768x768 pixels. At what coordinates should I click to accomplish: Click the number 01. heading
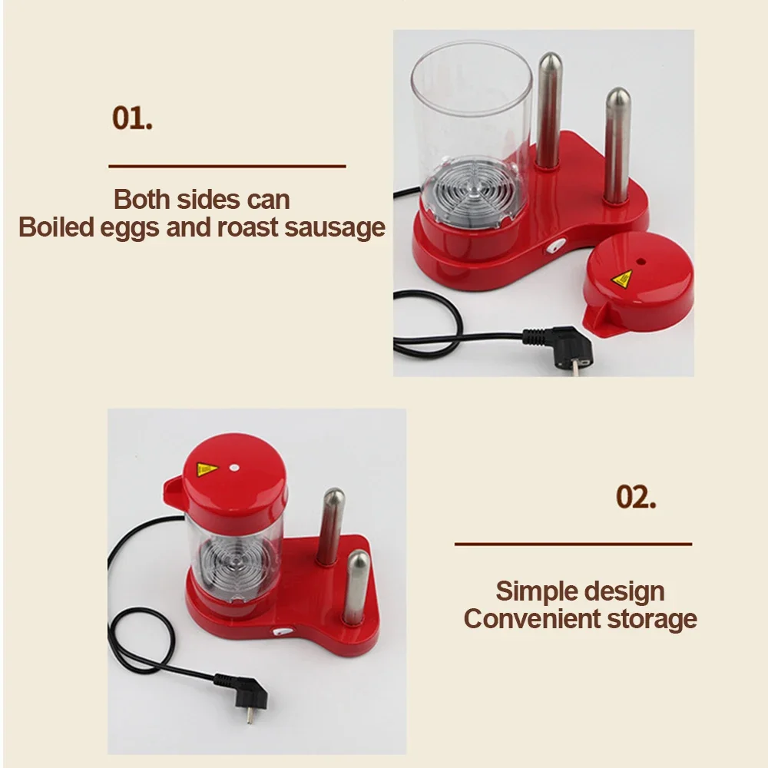tap(132, 118)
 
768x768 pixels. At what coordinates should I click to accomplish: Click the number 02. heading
tap(636, 496)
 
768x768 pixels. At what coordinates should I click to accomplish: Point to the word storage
tap(652, 619)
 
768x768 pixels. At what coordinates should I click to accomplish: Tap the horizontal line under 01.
tap(227, 167)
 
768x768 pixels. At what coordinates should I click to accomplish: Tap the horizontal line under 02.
tap(573, 544)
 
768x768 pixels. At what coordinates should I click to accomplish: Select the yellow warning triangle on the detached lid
tap(622, 280)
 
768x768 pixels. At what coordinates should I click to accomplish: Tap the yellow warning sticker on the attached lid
tap(207, 469)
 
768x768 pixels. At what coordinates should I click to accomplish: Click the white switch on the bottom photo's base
tap(281, 631)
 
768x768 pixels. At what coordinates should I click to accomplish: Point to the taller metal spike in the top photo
tap(549, 111)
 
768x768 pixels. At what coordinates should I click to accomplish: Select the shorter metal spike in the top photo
tap(617, 145)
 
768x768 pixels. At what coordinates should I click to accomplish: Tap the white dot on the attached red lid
tap(234, 468)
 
